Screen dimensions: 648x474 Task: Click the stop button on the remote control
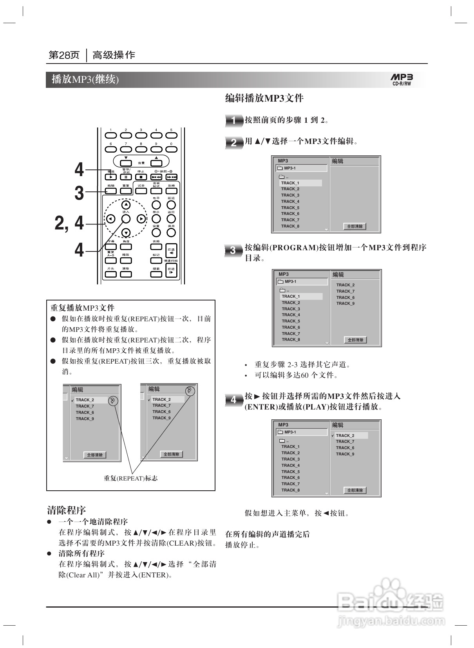[x=141, y=177]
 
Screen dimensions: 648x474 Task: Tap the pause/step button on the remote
[x=126, y=177]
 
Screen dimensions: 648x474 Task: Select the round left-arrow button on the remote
[x=111, y=219]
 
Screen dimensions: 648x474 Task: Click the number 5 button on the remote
[x=171, y=135]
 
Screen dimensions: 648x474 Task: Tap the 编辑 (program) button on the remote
[x=111, y=191]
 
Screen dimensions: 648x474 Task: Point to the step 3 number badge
[x=233, y=250]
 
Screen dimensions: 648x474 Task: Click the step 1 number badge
[x=233, y=120]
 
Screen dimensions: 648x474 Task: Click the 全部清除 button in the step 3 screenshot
[x=356, y=340]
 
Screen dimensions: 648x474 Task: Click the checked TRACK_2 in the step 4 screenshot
[x=345, y=435]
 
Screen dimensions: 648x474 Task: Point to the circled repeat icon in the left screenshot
[x=112, y=401]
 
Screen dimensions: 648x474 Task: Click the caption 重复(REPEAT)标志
[x=130, y=478]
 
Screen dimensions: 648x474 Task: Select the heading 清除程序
[x=66, y=510]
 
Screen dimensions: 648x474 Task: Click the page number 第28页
[x=64, y=55]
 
